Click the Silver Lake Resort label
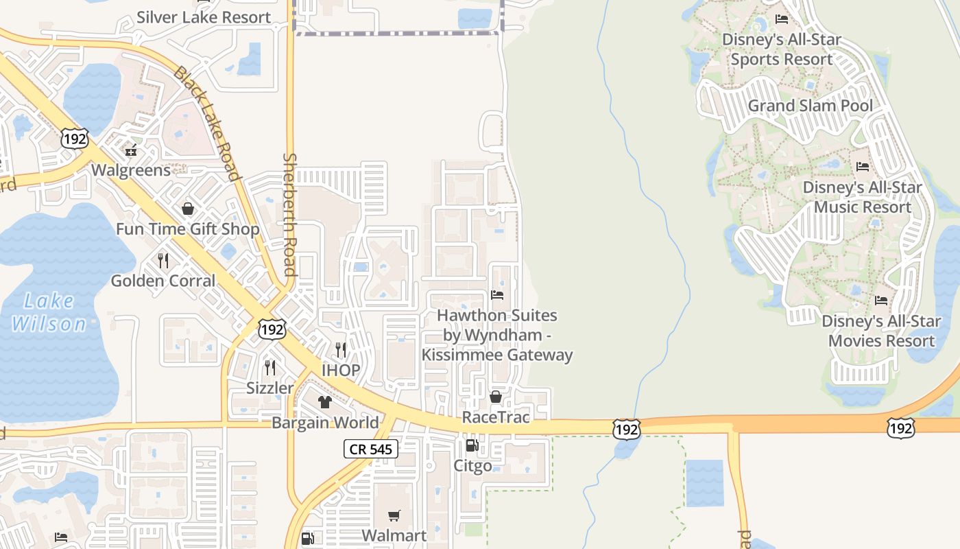coord(204,17)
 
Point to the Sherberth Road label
coord(289,214)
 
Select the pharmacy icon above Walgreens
coord(130,150)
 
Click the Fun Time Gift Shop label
coord(187,229)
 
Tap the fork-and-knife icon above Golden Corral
coord(163,261)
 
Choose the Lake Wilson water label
coord(49,312)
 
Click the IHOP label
coord(341,371)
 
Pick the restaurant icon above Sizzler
coord(270,368)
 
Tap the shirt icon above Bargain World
coord(325,402)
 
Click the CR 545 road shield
coord(370,449)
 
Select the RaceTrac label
coord(496,417)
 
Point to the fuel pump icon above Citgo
coord(472,446)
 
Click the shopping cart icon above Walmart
coord(394,515)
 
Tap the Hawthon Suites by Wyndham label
coord(497,335)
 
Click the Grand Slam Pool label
coord(811,106)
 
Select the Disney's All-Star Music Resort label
coord(861,197)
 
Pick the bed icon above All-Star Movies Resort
coord(881,301)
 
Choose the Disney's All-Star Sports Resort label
coord(782,49)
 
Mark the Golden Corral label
coord(163,281)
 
